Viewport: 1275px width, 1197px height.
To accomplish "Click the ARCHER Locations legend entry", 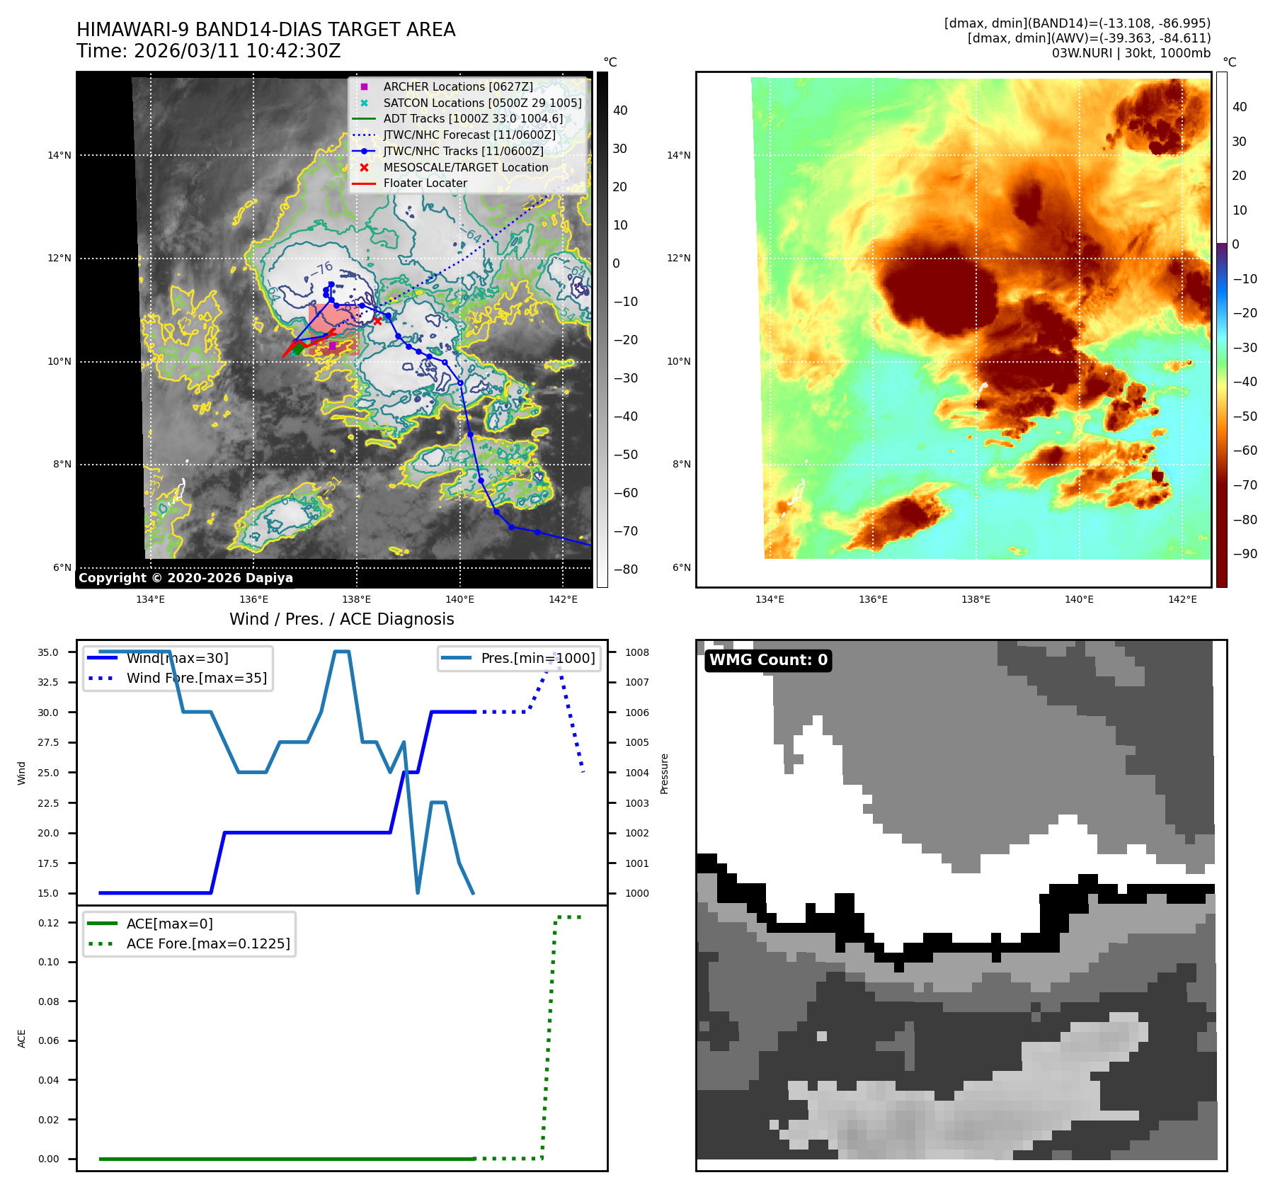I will (x=458, y=86).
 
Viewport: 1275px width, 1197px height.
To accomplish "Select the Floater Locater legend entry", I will (x=425, y=183).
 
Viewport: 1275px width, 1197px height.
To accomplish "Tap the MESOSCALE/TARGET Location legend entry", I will (x=465, y=167).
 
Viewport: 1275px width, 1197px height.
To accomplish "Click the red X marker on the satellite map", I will (x=377, y=321).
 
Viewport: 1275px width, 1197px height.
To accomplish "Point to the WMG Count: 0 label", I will (x=768, y=660).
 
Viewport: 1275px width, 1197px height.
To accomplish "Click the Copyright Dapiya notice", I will (x=185, y=578).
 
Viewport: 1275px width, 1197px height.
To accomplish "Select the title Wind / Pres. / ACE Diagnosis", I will (x=341, y=619).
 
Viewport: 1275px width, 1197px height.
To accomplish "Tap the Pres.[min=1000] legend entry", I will (x=537, y=658).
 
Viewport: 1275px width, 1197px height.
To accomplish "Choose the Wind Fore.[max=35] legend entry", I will (x=196, y=678).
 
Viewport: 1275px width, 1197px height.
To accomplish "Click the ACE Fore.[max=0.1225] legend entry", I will (x=208, y=943).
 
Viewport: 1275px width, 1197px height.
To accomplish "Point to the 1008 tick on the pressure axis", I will (x=636, y=652).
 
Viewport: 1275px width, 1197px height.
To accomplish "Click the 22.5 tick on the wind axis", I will (x=48, y=803).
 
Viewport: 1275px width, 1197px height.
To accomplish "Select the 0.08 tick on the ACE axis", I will (x=48, y=1002).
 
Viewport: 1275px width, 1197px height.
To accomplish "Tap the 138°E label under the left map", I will (x=356, y=599).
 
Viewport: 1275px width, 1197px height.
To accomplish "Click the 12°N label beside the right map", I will (x=678, y=258).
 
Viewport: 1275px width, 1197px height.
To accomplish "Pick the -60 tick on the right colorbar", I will (x=1245, y=450).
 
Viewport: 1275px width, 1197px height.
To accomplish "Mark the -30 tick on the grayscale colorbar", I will (x=625, y=378).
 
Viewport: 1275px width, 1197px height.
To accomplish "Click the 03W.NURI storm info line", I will (x=1131, y=53).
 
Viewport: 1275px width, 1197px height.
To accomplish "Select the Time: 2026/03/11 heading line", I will (x=208, y=51).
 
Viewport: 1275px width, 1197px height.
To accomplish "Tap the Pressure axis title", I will (x=664, y=773).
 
